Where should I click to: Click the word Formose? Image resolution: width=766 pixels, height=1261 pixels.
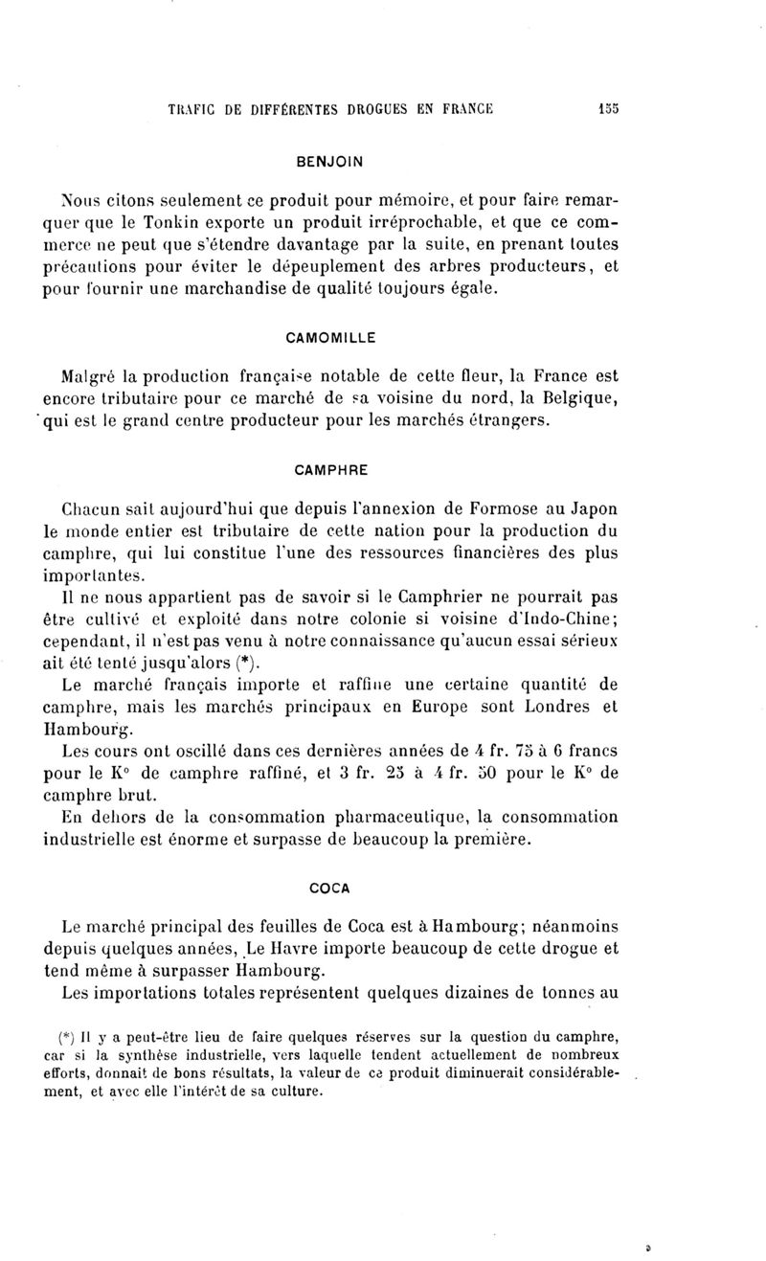[x=474, y=509]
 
